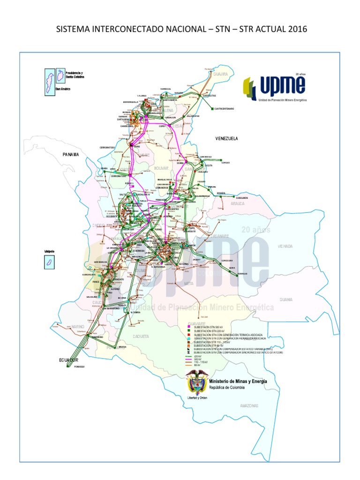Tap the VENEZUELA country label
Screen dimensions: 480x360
(227, 139)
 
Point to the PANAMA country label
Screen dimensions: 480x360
(71, 154)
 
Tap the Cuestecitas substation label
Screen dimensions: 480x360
(209, 96)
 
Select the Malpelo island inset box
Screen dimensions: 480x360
(48, 262)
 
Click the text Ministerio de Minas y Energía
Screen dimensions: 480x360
(239, 382)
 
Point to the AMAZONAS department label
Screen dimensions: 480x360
(250, 405)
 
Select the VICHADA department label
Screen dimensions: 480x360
(285, 246)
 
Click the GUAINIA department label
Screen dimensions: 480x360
(285, 299)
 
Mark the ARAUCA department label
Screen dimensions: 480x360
(237, 204)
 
